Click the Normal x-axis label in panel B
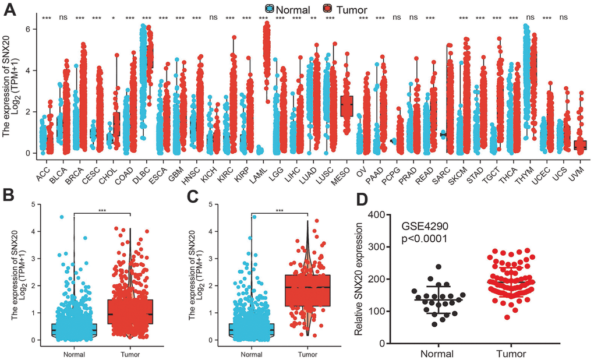(74, 353)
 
